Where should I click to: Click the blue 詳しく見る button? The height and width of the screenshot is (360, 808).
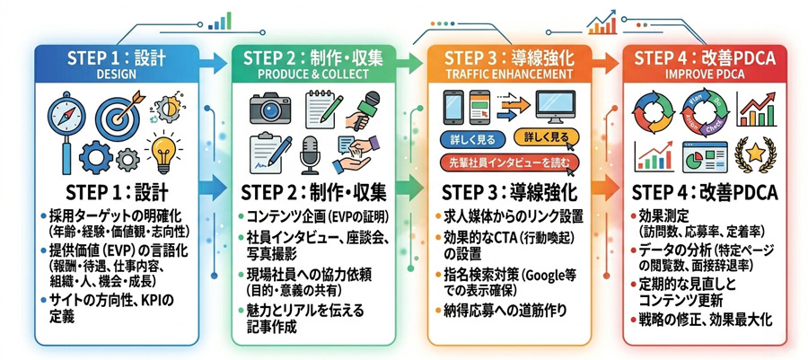pyautogui.click(x=471, y=141)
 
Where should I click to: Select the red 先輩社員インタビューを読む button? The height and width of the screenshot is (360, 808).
pyautogui.click(x=506, y=162)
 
